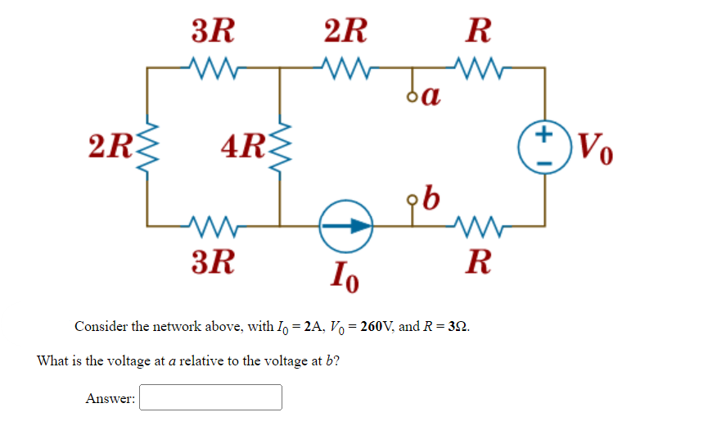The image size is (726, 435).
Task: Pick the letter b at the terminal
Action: pos(431,197)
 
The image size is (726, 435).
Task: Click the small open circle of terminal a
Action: pos(413,97)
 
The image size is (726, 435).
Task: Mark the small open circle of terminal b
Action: pos(413,198)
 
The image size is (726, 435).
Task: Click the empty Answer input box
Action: pos(211,397)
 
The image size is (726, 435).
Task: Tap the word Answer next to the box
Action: pos(110,398)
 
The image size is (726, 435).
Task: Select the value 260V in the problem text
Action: pos(384,326)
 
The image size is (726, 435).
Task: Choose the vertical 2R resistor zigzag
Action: pos(148,148)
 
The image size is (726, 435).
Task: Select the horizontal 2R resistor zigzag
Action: pos(346,65)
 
